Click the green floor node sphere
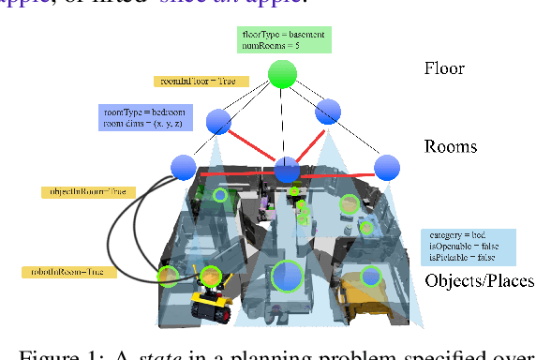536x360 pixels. pos(282,74)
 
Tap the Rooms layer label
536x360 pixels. pos(451,146)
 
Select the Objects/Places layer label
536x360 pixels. pos(479,280)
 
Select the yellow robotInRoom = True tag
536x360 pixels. pos(69,272)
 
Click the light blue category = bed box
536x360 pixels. pos(468,245)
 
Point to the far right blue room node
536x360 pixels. pos(386,168)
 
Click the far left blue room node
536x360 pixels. pos(184,168)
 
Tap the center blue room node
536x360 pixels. pos(287,170)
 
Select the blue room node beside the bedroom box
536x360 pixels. pos(218,121)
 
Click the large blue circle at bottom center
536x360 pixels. pos(287,277)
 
